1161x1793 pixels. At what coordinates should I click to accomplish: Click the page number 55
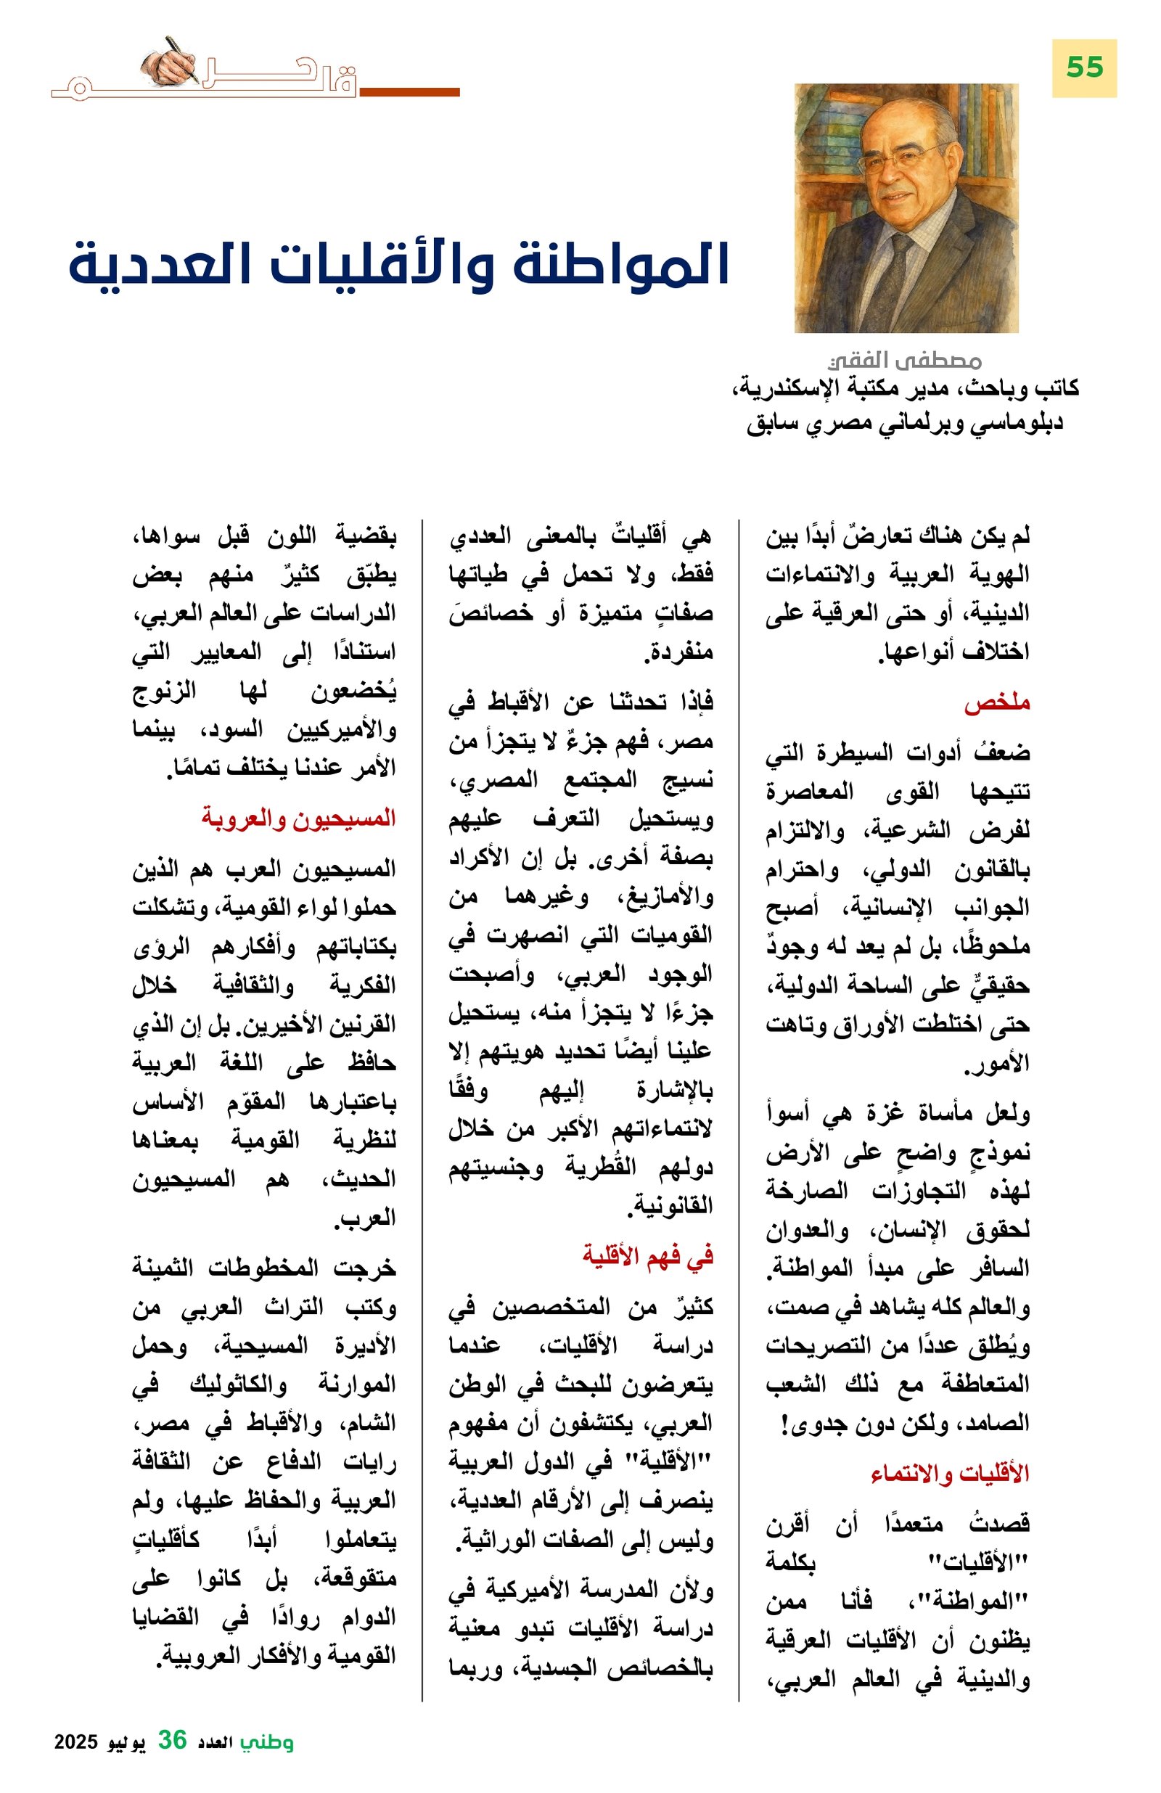pyautogui.click(x=1083, y=67)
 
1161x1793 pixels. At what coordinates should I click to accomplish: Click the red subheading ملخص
pyautogui.click(x=996, y=704)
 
